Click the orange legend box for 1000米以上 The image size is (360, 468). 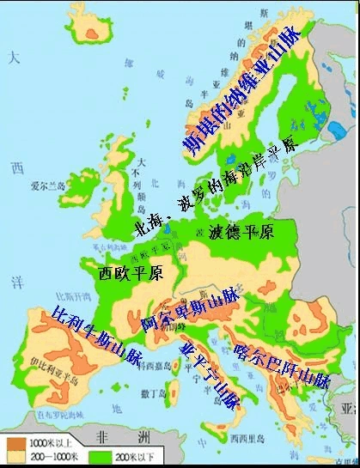15,442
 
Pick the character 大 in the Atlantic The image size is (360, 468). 13,58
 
